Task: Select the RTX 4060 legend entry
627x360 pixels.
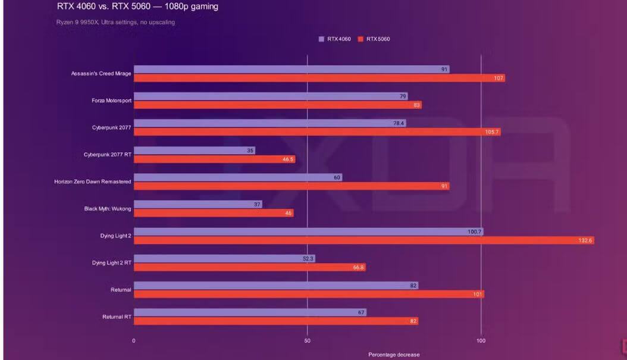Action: (336, 39)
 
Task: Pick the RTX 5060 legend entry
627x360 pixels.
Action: (374, 39)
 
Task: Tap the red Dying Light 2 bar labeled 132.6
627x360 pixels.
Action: (363, 240)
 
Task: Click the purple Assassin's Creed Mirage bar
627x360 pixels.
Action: (291, 70)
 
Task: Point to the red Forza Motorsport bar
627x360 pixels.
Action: (277, 105)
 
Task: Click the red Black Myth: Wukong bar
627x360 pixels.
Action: (213, 213)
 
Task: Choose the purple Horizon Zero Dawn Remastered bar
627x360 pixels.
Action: (237, 177)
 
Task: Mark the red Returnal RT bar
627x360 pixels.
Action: (275, 321)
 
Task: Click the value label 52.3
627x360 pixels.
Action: (308, 259)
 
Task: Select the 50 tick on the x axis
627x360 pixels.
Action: (307, 341)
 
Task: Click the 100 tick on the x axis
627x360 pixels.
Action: (481, 341)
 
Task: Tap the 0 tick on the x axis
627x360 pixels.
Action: (134, 341)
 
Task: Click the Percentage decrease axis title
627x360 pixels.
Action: (393, 355)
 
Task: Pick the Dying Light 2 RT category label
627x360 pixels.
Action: (111, 262)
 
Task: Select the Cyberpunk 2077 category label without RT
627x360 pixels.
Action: (112, 127)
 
